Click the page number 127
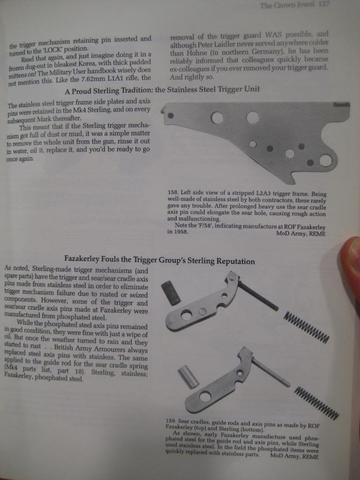pyautogui.click(x=323, y=5)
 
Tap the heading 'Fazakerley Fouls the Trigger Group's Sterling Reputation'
pyautogui.click(x=160, y=260)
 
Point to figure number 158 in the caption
pyautogui.click(x=172, y=193)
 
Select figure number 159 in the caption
pyautogui.click(x=170, y=421)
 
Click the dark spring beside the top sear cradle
pyautogui.click(x=307, y=327)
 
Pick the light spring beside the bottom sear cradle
pyautogui.click(x=317, y=403)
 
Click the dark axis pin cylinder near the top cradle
pyautogui.click(x=171, y=293)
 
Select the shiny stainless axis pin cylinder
pyautogui.click(x=188, y=377)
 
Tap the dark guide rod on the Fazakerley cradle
pyautogui.click(x=258, y=296)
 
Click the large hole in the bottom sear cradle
pyautogui.click(x=205, y=397)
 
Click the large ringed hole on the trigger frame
pyautogui.click(x=325, y=160)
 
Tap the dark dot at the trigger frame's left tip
pyautogui.click(x=171, y=116)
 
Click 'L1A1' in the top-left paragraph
pyautogui.click(x=116, y=79)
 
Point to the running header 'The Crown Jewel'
pyautogui.click(x=287, y=5)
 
